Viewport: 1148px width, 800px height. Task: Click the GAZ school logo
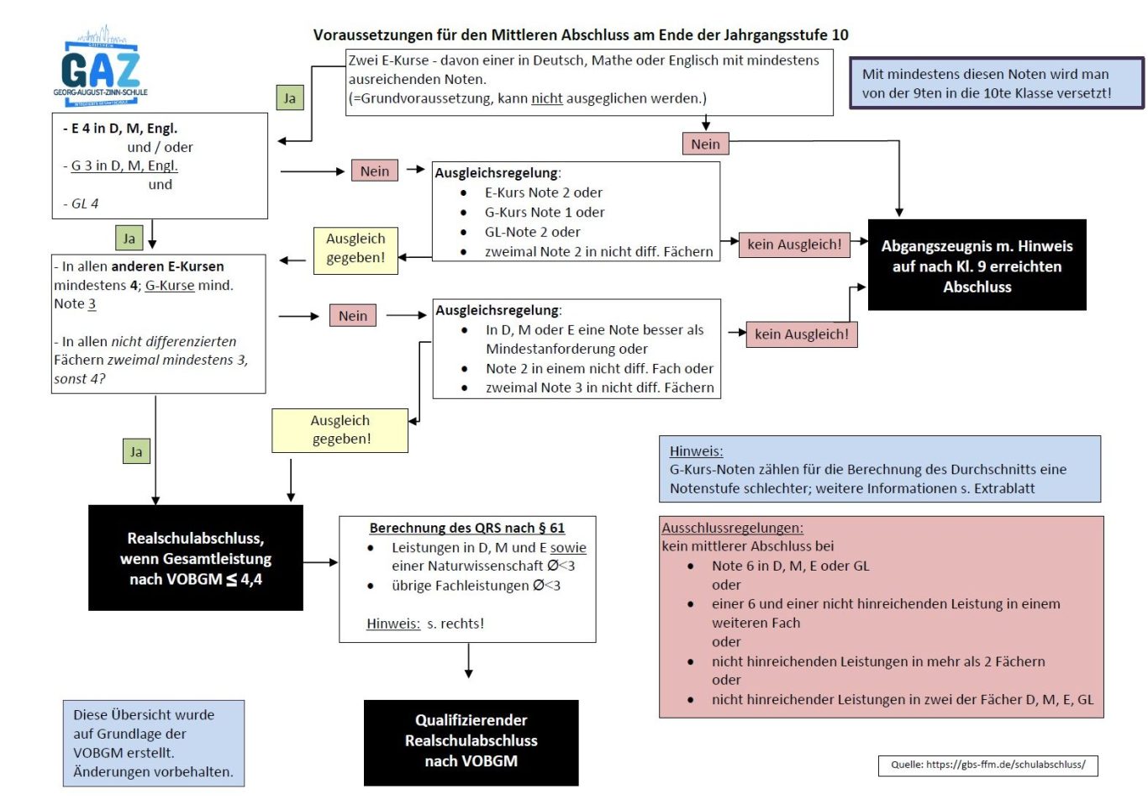(101, 66)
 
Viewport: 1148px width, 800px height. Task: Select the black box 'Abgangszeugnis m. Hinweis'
(977, 265)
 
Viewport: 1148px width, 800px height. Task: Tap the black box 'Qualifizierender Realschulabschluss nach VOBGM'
(471, 743)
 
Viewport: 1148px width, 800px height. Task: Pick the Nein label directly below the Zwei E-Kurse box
(705, 144)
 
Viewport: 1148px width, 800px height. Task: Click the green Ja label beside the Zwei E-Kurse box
(290, 97)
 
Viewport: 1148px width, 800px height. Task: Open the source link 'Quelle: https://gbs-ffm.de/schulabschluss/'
(987, 766)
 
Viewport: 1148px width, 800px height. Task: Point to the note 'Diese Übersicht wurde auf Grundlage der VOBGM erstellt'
(154, 743)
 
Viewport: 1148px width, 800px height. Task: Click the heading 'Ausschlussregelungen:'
(732, 528)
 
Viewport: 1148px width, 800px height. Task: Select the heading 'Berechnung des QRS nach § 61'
(467, 528)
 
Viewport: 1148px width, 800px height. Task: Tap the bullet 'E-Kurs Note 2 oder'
(543, 192)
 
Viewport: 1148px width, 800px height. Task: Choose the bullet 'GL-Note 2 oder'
(533, 232)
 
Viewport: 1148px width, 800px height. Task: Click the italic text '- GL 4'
(81, 204)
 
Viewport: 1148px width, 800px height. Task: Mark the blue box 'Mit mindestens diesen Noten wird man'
(996, 83)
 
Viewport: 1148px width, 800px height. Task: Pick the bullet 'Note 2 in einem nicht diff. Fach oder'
(599, 368)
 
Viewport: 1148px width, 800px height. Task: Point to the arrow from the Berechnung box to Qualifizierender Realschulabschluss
(468, 661)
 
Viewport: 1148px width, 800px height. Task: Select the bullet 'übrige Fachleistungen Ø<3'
(477, 586)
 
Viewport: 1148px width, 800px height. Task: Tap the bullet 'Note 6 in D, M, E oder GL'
(790, 566)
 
